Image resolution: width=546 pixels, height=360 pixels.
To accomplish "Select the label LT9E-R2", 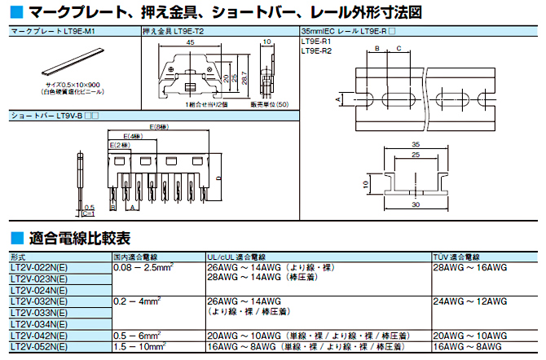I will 316,51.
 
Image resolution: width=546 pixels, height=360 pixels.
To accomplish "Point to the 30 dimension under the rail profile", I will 416,205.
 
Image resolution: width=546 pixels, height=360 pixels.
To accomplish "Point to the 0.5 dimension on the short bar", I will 89,206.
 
